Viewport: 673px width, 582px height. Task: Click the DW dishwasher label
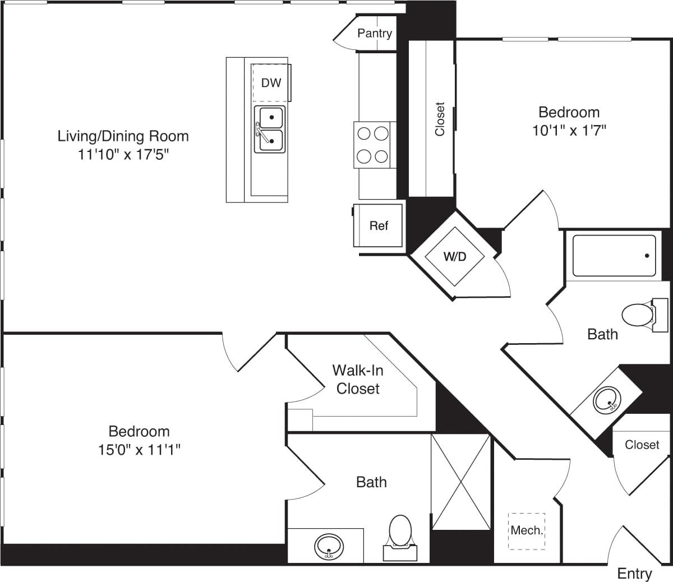coord(271,83)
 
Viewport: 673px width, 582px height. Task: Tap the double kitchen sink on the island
coord(270,129)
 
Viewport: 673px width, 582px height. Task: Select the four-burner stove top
coord(372,145)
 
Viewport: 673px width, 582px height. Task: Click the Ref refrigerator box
coord(379,225)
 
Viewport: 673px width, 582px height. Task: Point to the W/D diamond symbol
coord(455,257)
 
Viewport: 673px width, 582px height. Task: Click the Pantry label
coord(375,33)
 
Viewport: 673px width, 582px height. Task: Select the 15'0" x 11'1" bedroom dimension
coord(139,450)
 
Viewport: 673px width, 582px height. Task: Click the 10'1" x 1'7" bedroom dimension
coord(569,131)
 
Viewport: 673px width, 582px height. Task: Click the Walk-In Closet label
coord(358,379)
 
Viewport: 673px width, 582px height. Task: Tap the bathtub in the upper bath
coord(614,256)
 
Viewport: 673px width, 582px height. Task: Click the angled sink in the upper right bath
coord(606,400)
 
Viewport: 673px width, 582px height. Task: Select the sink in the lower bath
coord(329,546)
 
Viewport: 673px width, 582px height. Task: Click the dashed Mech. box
coord(527,530)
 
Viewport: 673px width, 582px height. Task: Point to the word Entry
coord(634,574)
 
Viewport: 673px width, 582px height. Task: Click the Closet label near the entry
coord(642,445)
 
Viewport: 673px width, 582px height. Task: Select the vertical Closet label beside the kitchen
coord(440,119)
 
